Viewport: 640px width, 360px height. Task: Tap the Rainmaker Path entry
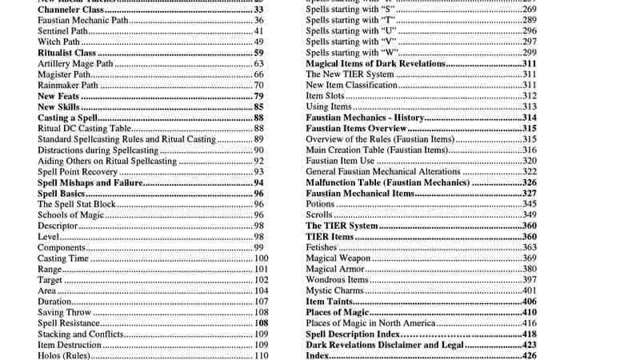(x=68, y=85)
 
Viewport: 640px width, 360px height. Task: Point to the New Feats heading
(x=57, y=96)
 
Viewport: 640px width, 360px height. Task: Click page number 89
(x=259, y=139)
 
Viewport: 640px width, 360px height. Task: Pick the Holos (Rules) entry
(x=64, y=355)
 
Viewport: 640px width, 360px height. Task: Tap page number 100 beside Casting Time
(x=262, y=258)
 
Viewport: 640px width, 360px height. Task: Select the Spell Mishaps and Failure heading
(x=90, y=182)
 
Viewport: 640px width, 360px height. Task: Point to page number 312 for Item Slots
(x=529, y=96)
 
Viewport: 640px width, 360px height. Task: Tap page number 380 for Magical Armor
(x=529, y=269)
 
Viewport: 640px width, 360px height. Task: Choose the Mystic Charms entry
(x=335, y=290)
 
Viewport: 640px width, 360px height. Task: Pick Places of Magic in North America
(x=370, y=323)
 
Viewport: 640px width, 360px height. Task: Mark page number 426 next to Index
(x=529, y=355)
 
